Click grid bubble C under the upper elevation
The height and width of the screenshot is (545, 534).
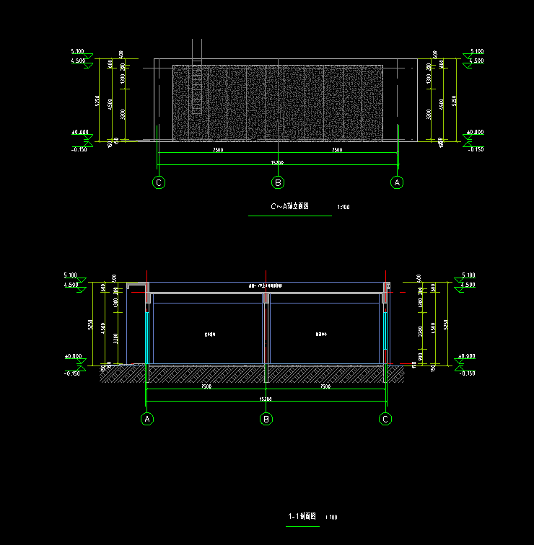(x=159, y=182)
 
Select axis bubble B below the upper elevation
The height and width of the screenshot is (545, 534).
(x=278, y=182)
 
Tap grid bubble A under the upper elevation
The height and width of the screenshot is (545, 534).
(x=397, y=182)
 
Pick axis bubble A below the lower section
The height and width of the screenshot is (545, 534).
(x=147, y=419)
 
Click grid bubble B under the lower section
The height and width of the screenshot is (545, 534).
(x=266, y=419)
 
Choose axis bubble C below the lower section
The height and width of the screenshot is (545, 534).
(x=386, y=419)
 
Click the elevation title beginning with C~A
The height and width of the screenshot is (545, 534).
(x=289, y=207)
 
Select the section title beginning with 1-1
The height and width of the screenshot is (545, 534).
(x=302, y=516)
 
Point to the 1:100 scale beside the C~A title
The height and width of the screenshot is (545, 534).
(x=343, y=208)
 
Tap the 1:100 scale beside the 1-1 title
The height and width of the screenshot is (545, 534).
(x=331, y=517)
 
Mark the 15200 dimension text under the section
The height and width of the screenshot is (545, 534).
(x=266, y=399)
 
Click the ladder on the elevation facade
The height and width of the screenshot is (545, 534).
(x=196, y=79)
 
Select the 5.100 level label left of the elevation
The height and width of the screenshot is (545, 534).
(x=77, y=52)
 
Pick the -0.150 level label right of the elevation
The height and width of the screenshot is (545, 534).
(x=476, y=149)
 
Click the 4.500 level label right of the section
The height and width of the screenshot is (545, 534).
(x=468, y=285)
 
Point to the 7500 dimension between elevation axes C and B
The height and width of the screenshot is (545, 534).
(x=217, y=150)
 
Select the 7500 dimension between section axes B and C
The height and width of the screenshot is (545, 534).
(x=325, y=386)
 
